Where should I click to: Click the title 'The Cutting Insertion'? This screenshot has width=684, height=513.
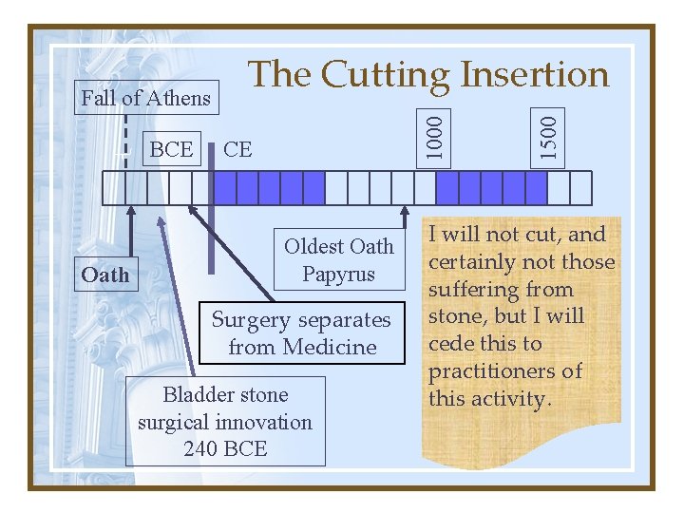click(427, 73)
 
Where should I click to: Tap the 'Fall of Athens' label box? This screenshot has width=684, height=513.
click(146, 98)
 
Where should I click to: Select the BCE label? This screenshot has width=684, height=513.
click(171, 149)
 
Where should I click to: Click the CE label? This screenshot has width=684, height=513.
click(237, 149)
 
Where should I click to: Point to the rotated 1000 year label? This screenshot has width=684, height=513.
click(433, 137)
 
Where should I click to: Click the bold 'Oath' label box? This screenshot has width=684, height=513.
click(104, 275)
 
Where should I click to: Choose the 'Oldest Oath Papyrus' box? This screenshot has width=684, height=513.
click(338, 259)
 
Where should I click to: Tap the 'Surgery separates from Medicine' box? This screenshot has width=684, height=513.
click(301, 333)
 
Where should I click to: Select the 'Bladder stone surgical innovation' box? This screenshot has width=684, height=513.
click(225, 421)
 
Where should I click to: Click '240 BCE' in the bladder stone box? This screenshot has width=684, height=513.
click(225, 448)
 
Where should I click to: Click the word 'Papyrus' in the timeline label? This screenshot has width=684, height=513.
click(338, 274)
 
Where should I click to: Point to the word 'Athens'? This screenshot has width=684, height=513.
click(180, 98)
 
